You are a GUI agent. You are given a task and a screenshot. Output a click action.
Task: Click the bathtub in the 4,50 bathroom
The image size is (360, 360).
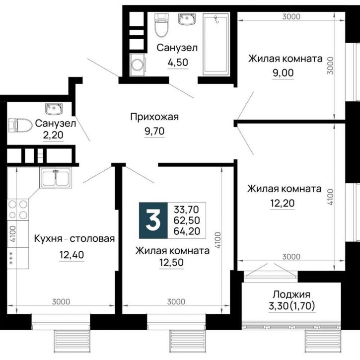(215, 44)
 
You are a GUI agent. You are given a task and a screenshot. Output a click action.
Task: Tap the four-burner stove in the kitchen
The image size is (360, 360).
(17, 210)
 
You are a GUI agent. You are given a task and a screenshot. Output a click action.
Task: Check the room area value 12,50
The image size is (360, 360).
(171, 263)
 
